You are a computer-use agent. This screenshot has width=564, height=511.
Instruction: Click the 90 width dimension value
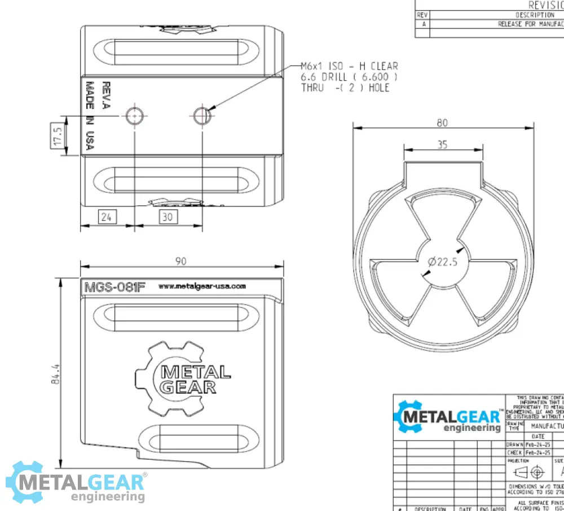(181, 261)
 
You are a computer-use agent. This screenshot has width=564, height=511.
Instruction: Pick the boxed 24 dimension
(108, 217)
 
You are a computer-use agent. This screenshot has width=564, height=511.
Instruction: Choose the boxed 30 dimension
(168, 217)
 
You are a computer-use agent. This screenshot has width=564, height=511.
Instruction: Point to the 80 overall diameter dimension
(442, 122)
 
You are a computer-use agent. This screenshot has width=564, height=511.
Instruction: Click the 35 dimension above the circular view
(442, 145)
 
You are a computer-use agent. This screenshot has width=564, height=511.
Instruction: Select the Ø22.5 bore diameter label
(443, 262)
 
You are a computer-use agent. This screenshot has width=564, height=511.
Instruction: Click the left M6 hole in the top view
(135, 116)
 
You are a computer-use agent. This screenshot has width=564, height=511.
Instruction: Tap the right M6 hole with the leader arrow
(201, 116)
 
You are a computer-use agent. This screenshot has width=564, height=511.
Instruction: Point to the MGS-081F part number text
(114, 287)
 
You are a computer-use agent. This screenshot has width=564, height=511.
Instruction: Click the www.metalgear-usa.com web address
(202, 286)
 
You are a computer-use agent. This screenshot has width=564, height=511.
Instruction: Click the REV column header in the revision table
(422, 15)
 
